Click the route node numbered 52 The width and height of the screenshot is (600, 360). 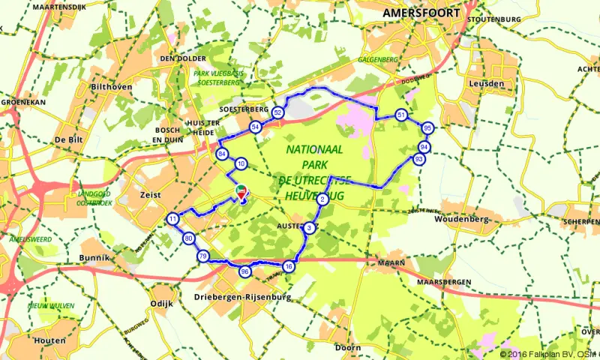coord(278,112)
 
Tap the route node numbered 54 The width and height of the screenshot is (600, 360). coord(256,127)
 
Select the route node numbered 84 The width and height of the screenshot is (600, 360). coord(222,154)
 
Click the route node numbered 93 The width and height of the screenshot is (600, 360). coord(418,159)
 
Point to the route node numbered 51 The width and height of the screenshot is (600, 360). coord(402,115)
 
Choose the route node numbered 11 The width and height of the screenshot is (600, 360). coord(173,219)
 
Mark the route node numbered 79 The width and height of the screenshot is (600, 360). coord(202,256)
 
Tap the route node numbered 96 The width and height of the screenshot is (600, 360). coord(244,271)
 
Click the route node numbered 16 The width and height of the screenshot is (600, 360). coord(289,266)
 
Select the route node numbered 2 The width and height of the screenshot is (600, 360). coord(322,199)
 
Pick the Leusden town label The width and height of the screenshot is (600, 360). coord(486,83)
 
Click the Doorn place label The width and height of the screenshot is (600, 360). coord(348,348)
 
